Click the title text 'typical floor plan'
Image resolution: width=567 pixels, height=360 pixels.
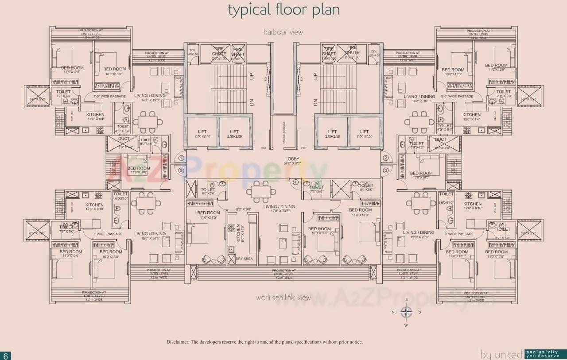click(x=283, y=10)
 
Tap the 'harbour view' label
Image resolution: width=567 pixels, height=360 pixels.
click(x=283, y=32)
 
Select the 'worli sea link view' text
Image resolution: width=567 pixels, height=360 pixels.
click(x=283, y=298)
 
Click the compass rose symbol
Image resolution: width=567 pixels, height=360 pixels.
click(x=406, y=313)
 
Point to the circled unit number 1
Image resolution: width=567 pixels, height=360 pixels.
click(x=181, y=158)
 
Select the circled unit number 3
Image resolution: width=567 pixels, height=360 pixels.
click(x=385, y=170)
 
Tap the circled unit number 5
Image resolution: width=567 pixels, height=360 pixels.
click(x=181, y=170)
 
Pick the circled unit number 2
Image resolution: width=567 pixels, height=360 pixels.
click(x=385, y=158)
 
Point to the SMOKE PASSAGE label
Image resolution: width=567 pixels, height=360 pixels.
click(x=283, y=132)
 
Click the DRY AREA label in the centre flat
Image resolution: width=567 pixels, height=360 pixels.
click(x=244, y=259)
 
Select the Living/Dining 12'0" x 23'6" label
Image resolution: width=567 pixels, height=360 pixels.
click(x=279, y=209)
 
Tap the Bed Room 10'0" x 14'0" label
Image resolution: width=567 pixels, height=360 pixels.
click(x=319, y=231)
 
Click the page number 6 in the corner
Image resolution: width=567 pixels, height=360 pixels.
click(x=6, y=356)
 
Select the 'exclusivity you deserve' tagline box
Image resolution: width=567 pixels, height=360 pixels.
click(x=545, y=354)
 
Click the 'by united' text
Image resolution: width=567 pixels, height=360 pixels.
click(x=501, y=354)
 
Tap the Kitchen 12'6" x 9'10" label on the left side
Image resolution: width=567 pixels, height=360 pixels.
click(x=94, y=207)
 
